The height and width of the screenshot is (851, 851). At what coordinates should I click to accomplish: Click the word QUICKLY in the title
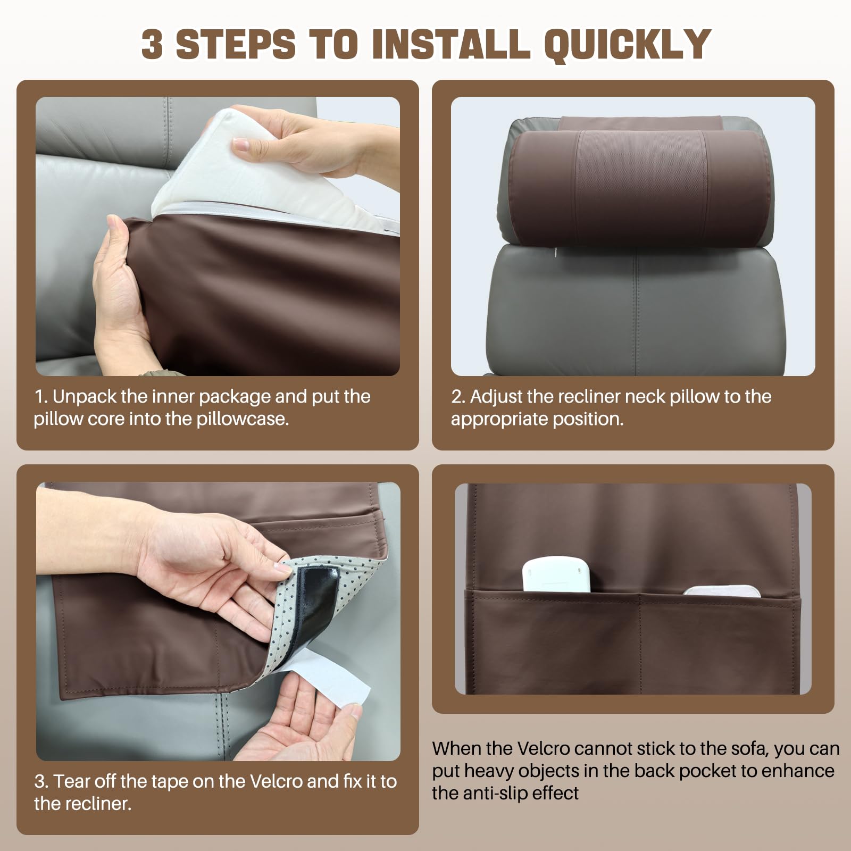point(628,44)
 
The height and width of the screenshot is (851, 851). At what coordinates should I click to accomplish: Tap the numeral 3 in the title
point(152,43)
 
